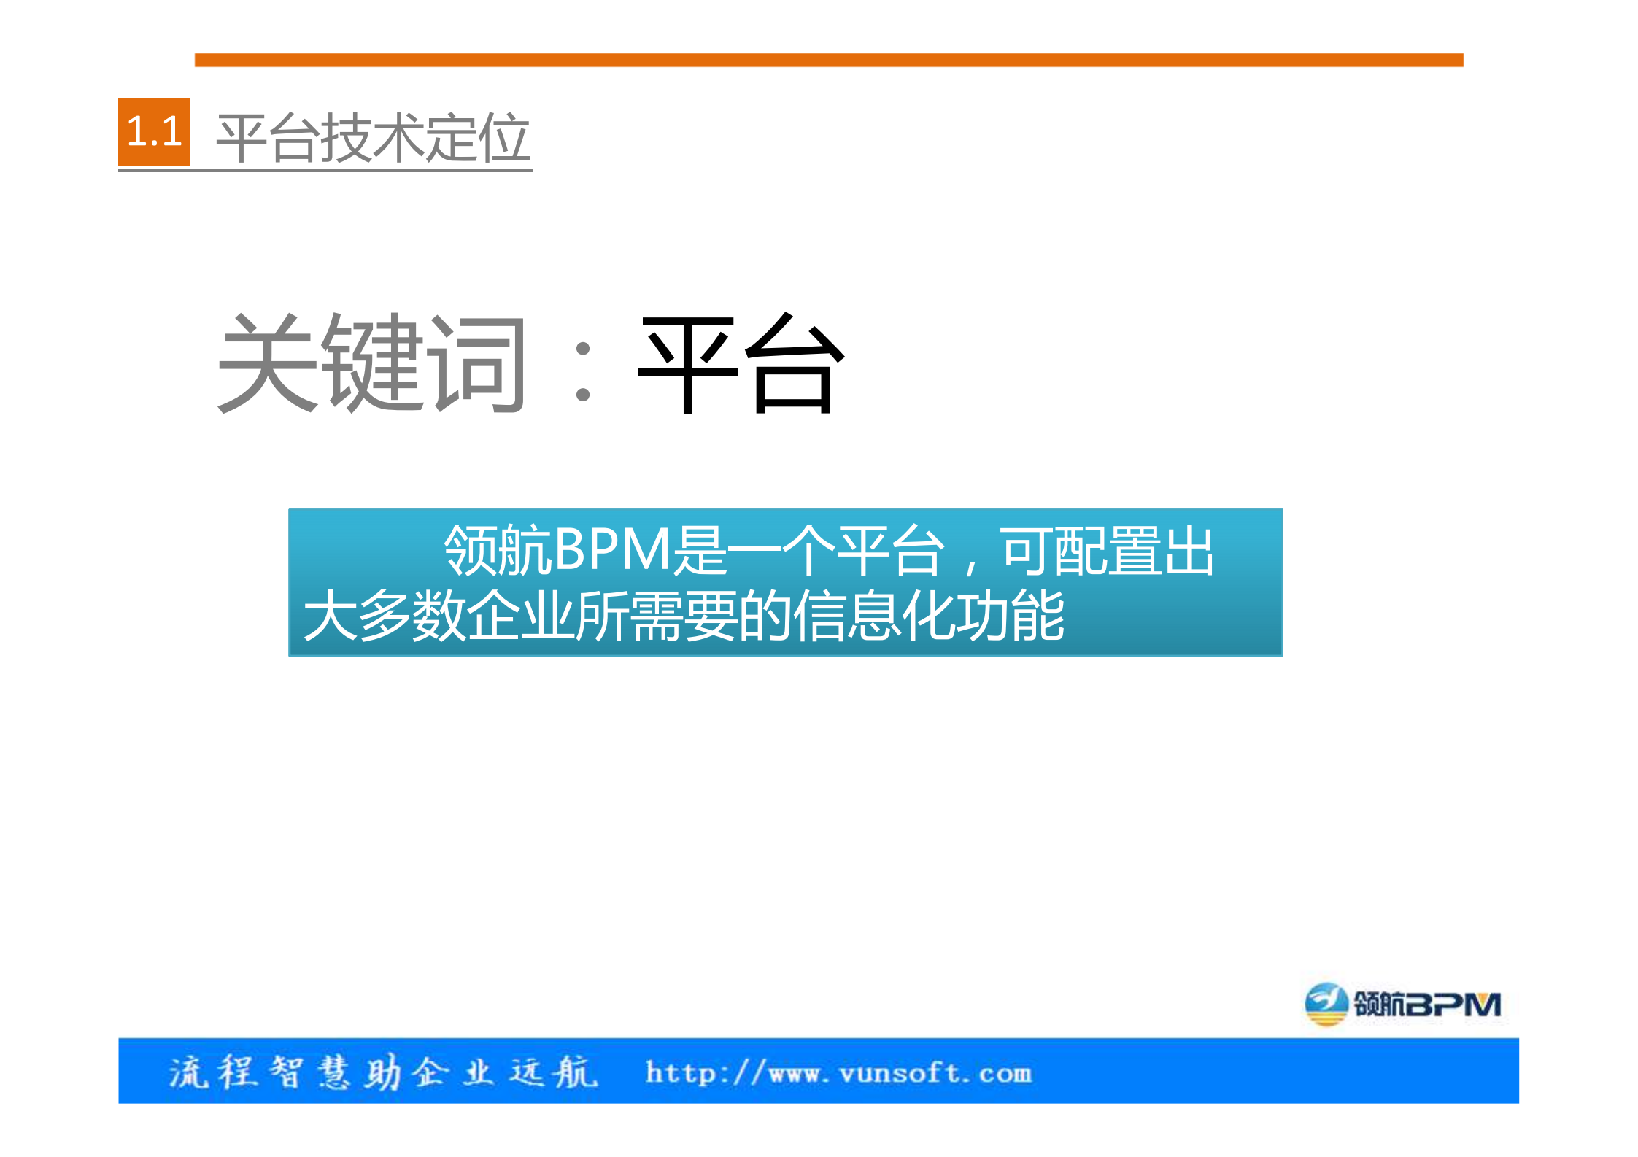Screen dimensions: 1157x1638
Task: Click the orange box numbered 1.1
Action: pos(154,132)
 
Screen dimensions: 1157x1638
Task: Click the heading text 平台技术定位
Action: pos(373,138)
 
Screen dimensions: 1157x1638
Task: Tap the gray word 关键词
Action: pos(371,363)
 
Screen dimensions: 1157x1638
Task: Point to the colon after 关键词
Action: pos(582,372)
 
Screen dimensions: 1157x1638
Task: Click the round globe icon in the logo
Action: pos(1325,1004)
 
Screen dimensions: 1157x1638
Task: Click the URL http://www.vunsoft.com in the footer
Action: pos(838,1073)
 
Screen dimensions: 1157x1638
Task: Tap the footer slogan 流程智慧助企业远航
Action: pos(383,1072)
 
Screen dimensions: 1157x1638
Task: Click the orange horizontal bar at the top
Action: pos(828,60)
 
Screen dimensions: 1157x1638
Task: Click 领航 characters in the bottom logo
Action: pos(1379,1005)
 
